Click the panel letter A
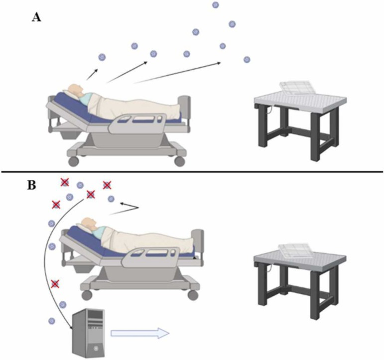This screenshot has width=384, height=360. pos(36,17)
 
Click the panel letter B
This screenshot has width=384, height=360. pos(31,186)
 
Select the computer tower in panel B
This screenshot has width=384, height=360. pos(90,332)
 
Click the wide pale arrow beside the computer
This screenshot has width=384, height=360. pos(139,333)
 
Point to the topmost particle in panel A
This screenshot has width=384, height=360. pos(215,5)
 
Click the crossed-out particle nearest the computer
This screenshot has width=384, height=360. pos(55,284)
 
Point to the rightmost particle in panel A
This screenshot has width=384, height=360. pos(247,60)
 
